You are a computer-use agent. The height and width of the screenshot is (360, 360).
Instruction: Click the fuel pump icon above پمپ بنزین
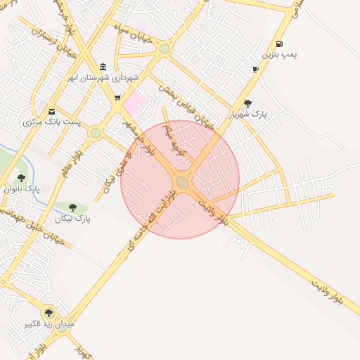pyautogui.click(x=280, y=44)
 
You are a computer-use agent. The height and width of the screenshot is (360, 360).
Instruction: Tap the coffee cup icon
pyautogui.click(x=255, y=69)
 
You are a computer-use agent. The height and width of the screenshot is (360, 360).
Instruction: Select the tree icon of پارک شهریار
pyautogui.click(x=247, y=103)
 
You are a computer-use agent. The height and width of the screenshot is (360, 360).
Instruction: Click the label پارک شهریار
pyautogui.click(x=248, y=114)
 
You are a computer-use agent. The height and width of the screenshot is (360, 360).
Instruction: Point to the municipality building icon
pyautogui.click(x=103, y=66)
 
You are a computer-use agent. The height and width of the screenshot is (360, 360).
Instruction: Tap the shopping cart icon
pyautogui.click(x=117, y=98)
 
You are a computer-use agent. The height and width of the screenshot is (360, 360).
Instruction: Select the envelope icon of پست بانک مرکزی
pyautogui.click(x=51, y=112)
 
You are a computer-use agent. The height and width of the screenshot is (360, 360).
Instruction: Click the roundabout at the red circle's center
pyautogui.click(x=182, y=182)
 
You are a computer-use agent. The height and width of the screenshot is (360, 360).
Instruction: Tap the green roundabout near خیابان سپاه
pyautogui.click(x=165, y=49)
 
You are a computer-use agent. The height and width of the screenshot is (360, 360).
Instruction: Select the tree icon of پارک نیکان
pyautogui.click(x=72, y=207)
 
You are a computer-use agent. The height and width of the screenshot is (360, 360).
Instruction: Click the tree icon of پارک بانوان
pyautogui.click(x=21, y=178)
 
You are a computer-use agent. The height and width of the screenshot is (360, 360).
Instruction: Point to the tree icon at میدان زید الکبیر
pyautogui.click(x=49, y=313)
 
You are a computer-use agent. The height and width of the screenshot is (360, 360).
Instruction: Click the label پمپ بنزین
pyautogui.click(x=280, y=54)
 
